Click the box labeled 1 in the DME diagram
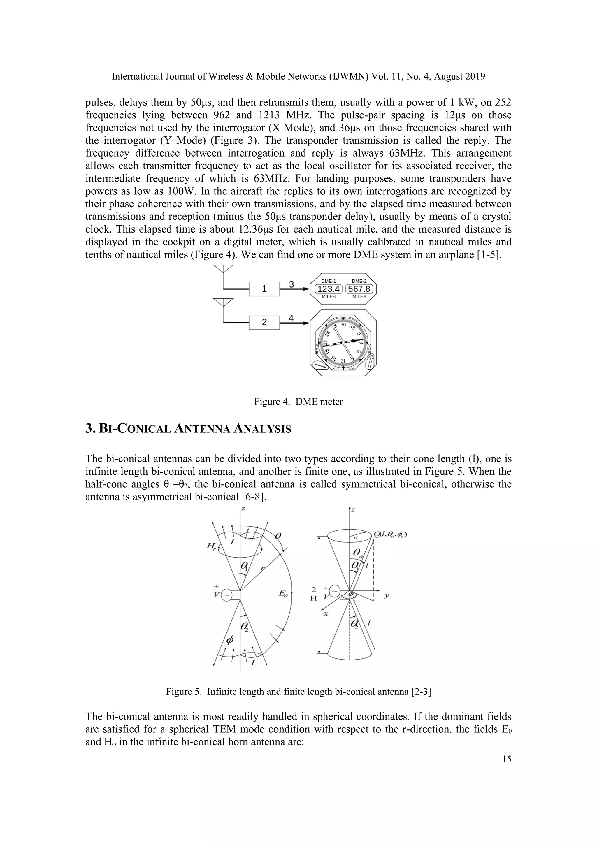[264, 289]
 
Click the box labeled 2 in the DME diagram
[264, 322]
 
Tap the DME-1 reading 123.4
[328, 289]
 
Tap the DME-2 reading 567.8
[359, 289]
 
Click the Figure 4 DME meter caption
[298, 402]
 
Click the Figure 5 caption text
[298, 692]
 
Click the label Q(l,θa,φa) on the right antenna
[390, 534]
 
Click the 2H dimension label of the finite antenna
[313, 594]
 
